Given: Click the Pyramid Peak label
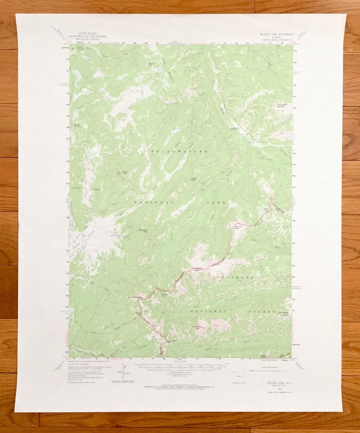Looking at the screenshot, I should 238,227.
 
